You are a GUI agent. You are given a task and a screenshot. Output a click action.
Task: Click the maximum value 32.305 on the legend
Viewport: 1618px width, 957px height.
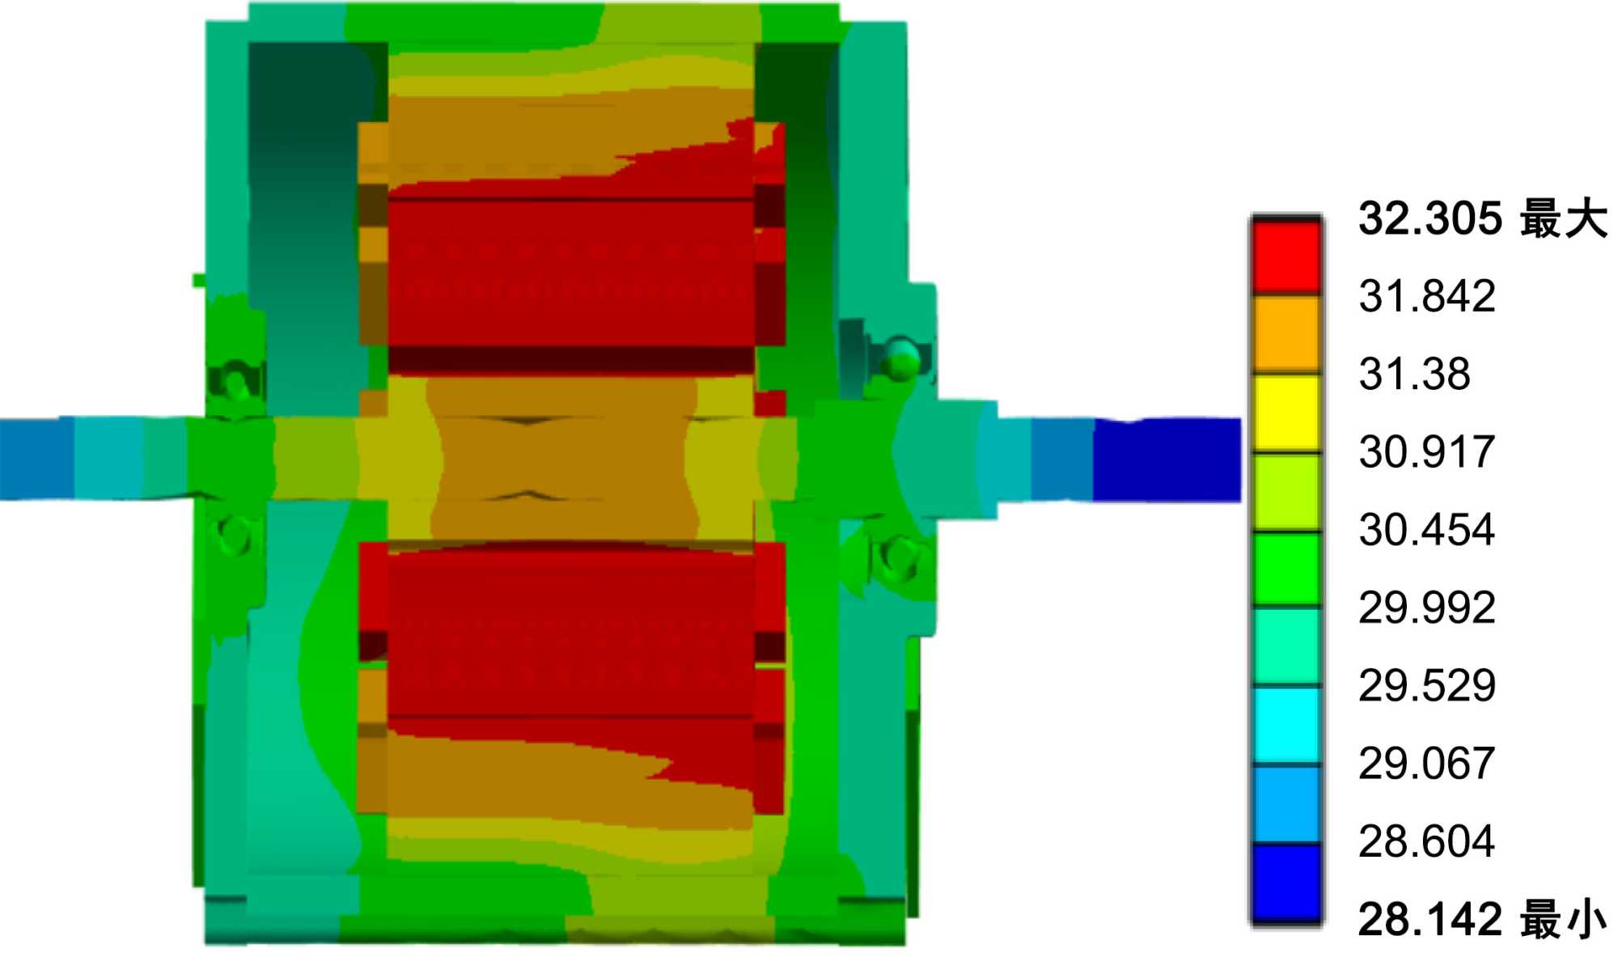click(1430, 218)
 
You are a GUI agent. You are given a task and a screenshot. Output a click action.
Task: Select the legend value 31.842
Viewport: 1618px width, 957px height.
click(1427, 296)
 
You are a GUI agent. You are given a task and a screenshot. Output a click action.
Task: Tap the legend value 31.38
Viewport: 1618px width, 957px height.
click(1414, 374)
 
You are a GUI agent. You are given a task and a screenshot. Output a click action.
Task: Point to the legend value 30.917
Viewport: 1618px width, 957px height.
click(1427, 451)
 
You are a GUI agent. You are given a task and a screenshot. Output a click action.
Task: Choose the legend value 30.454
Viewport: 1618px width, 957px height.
click(1427, 530)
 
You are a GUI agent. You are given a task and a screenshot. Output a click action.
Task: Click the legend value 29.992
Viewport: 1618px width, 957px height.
click(1427, 608)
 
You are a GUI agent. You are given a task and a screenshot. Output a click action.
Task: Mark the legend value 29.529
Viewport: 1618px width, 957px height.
click(1427, 685)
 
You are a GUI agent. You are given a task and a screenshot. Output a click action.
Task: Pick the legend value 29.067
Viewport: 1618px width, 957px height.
click(1427, 763)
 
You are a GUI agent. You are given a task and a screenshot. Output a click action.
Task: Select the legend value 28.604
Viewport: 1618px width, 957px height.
click(1427, 841)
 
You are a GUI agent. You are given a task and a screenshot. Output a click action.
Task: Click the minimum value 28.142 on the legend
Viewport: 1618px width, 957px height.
click(1430, 919)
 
